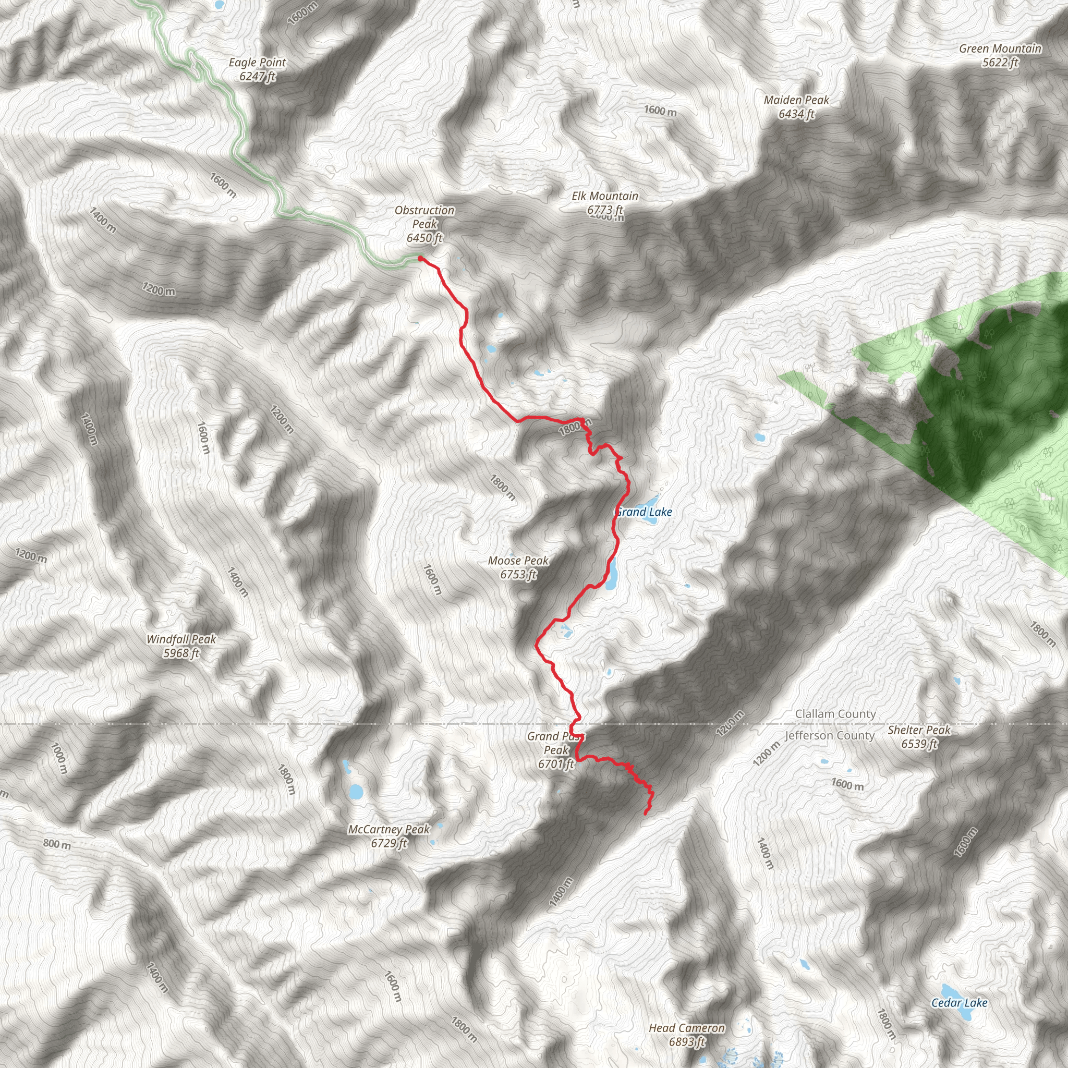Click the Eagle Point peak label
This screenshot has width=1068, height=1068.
tap(258, 70)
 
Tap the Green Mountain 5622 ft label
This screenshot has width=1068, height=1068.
tap(1000, 55)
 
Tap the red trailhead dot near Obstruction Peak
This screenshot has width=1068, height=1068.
tap(420, 258)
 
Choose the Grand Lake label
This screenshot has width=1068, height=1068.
tap(645, 512)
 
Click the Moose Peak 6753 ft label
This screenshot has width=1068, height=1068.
tap(518, 568)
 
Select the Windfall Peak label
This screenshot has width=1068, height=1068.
tap(181, 646)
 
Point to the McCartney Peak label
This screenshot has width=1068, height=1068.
tap(389, 836)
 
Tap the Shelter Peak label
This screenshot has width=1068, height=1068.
tap(919, 736)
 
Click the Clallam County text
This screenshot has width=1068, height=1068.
tap(835, 714)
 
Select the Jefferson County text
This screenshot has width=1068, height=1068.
tap(830, 736)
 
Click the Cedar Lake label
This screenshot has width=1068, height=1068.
tap(959, 1003)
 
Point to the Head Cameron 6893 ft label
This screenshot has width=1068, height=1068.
tap(687, 1035)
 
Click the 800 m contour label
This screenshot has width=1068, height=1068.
tap(57, 844)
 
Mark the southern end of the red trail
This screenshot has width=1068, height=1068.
tap(646, 813)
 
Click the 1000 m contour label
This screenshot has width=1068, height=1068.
tap(58, 758)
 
